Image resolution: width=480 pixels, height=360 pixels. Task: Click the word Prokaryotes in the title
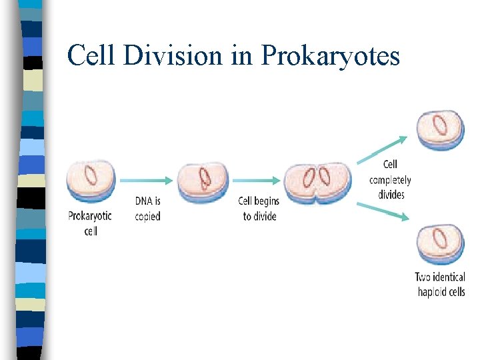click(331, 56)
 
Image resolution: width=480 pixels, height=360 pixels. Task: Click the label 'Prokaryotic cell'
click(90, 223)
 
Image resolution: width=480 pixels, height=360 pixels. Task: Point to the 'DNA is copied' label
click(148, 208)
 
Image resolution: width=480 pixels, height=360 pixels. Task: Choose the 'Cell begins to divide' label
click(259, 208)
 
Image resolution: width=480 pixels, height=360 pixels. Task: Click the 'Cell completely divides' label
click(391, 179)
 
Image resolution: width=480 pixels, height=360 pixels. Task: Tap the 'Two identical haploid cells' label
click(440, 284)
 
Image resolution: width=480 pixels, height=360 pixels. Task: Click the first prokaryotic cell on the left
click(91, 178)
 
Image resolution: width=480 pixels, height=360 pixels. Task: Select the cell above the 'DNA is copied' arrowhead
click(203, 178)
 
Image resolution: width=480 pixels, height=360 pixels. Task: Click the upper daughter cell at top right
click(440, 129)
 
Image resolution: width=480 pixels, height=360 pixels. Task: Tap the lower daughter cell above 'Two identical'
click(440, 244)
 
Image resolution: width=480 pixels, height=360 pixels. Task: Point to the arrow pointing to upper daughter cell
click(381, 149)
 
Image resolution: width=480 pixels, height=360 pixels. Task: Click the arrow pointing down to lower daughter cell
click(381, 210)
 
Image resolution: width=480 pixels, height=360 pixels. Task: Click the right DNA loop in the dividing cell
click(325, 176)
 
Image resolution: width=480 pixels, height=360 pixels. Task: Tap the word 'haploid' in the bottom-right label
click(433, 291)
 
